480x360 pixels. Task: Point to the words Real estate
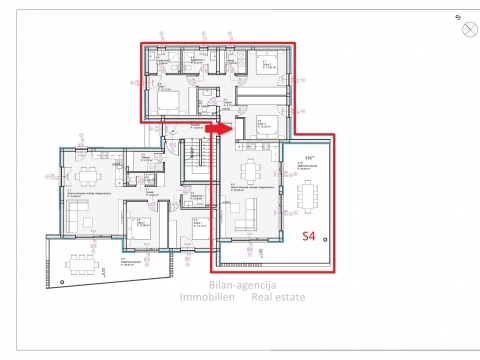(279, 297)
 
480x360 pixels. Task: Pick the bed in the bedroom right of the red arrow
(268, 126)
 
